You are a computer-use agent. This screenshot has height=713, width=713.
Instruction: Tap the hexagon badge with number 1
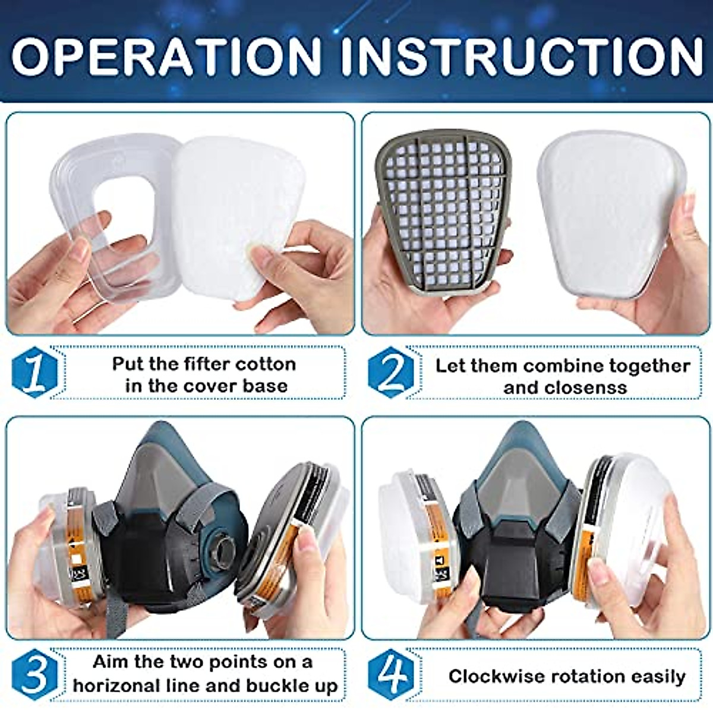(34, 373)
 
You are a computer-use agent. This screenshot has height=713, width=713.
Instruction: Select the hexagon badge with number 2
(390, 373)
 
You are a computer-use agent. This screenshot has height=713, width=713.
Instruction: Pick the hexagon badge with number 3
(34, 674)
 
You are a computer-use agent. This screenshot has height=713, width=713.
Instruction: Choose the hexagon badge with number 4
(390, 674)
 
